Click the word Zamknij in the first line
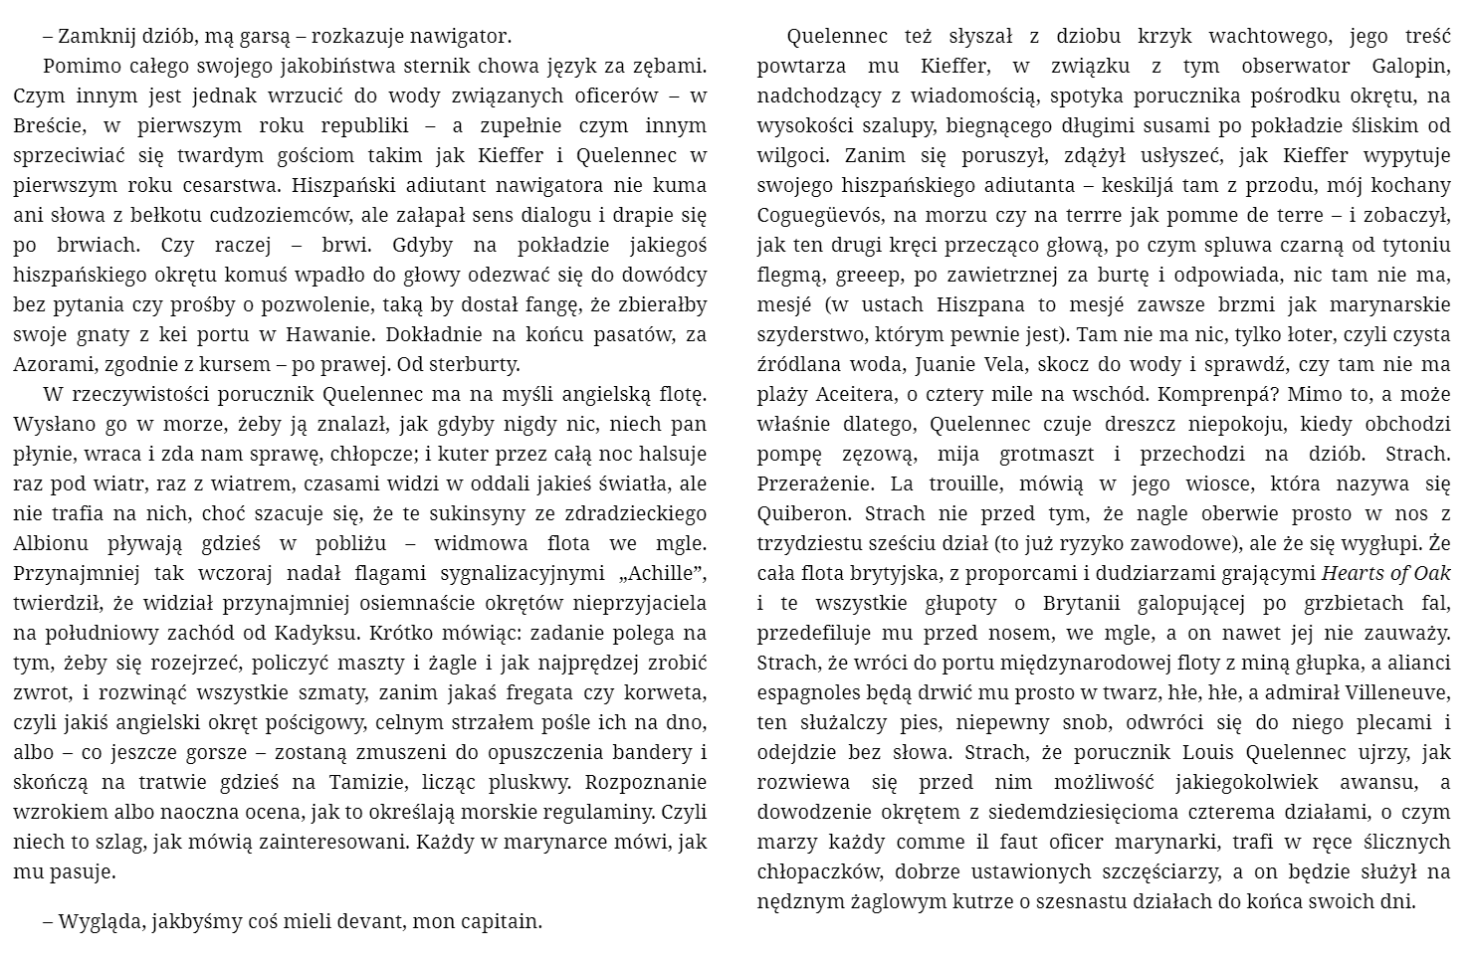tap(94, 37)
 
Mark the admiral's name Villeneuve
tap(1396, 693)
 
